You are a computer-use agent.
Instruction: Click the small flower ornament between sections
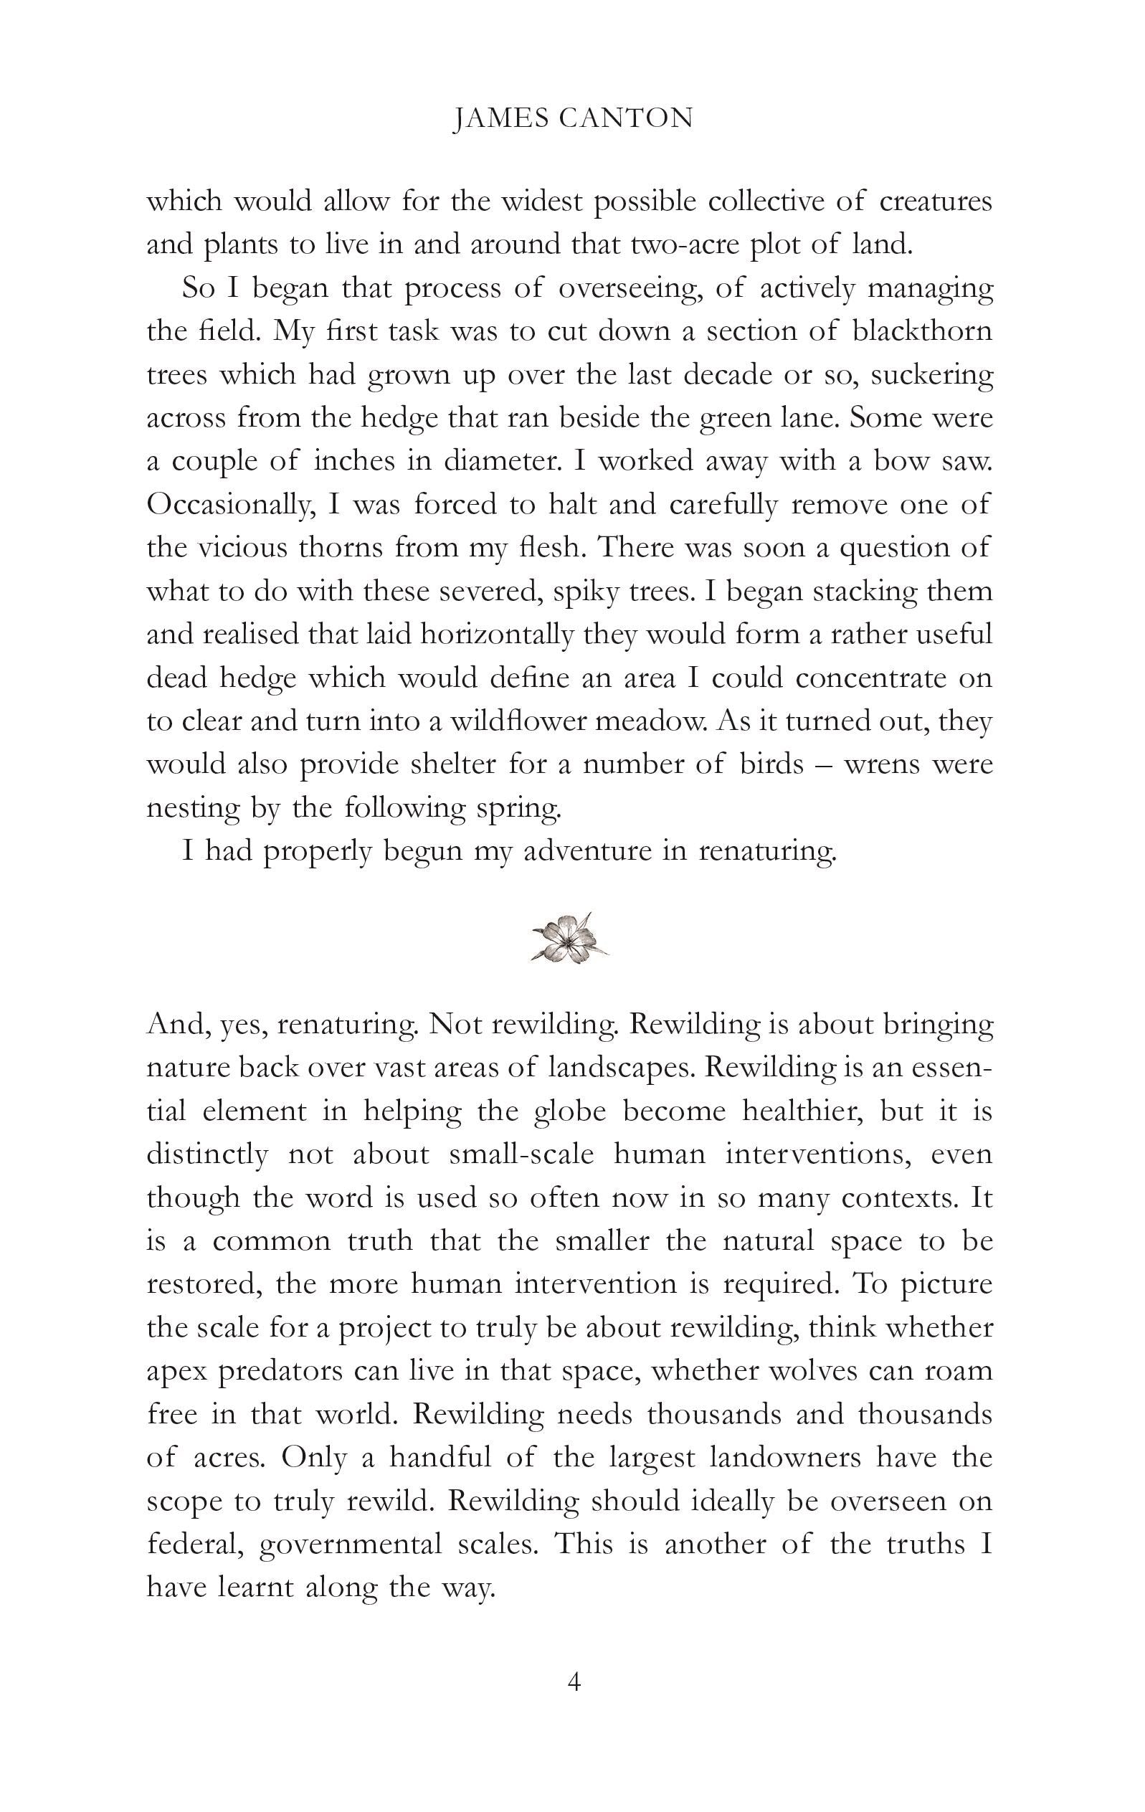click(569, 938)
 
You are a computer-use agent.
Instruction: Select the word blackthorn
click(922, 331)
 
